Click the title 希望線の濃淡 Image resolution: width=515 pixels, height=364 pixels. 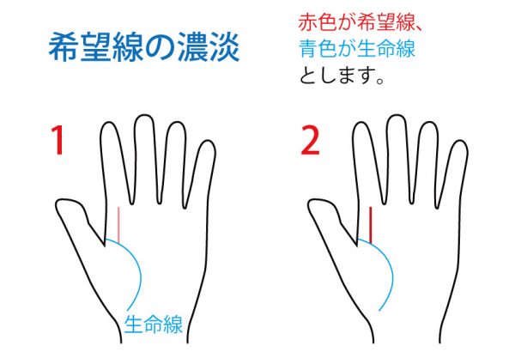click(144, 47)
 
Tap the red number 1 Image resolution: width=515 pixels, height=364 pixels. click(58, 140)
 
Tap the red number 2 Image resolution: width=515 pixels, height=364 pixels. click(310, 140)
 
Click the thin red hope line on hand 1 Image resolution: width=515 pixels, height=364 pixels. click(119, 224)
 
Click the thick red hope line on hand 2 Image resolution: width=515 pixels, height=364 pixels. click(371, 225)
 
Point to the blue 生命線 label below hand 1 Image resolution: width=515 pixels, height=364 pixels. click(153, 324)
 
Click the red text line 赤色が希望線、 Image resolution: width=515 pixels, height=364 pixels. click(360, 22)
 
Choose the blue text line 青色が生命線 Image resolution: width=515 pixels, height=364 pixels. click(357, 49)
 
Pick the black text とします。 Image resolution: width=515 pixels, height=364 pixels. click(342, 76)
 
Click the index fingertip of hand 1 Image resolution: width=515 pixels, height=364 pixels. click(108, 124)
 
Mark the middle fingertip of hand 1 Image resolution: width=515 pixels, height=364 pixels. click(144, 116)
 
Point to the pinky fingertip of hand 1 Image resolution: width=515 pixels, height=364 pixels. click(208, 142)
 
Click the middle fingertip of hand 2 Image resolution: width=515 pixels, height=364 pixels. click(396, 116)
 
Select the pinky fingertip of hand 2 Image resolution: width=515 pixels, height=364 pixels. click(460, 142)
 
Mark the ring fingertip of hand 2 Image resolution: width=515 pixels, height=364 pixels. click(429, 124)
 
